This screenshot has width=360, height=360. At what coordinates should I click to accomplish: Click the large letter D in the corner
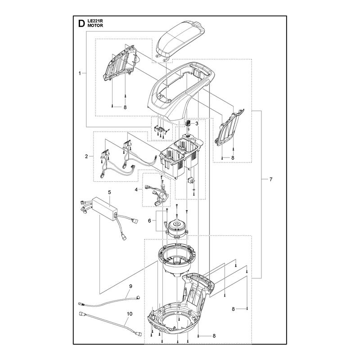tap(81, 24)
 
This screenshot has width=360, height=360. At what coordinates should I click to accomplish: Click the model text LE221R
tap(95, 21)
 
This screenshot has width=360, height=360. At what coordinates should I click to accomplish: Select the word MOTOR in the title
tap(95, 26)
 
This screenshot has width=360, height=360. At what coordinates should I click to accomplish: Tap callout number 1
tap(80, 73)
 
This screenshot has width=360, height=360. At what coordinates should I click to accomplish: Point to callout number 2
tap(86, 156)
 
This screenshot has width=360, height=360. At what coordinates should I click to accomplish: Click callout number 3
tap(197, 123)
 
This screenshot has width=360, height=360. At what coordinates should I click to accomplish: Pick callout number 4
tap(136, 189)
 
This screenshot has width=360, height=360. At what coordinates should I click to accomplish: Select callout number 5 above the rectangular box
tap(109, 192)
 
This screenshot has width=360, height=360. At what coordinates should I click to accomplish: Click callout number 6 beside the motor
tap(149, 220)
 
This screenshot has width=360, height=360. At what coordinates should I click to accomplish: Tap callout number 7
tap(271, 179)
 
